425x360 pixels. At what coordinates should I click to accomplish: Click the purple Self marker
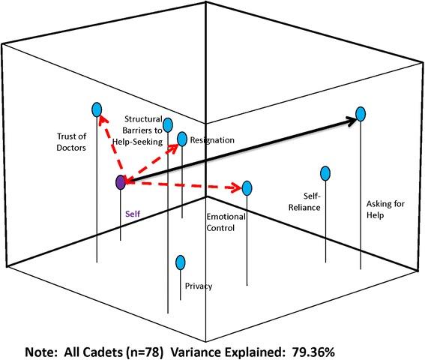pos(120,181)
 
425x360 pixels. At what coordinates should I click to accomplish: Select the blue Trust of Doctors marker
pos(96,109)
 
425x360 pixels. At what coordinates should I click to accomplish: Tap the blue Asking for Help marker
pos(361,114)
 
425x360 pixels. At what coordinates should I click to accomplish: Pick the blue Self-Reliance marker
pos(325,174)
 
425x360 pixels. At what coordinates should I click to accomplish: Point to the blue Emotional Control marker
pos(247,187)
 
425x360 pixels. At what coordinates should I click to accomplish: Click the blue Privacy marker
pos(180,262)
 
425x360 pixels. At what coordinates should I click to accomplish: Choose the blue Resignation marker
pos(181,138)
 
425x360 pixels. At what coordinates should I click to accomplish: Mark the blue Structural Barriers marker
pos(168,124)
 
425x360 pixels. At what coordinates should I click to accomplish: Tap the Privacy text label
pos(198,286)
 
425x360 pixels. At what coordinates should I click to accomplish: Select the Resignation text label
pos(212,140)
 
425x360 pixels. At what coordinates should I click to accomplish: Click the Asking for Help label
pos(375,208)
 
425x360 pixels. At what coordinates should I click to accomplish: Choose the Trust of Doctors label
pos(72,142)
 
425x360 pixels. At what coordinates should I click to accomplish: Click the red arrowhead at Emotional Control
pos(236,187)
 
